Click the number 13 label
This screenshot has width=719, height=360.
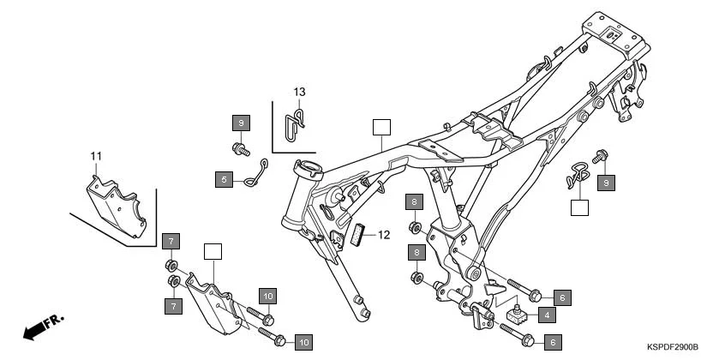[299, 92]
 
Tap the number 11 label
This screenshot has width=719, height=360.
[96, 155]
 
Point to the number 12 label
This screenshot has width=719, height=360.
[383, 233]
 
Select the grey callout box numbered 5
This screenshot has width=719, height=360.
[224, 179]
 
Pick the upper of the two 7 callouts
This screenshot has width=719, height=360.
[171, 241]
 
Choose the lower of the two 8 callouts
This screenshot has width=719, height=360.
[416, 253]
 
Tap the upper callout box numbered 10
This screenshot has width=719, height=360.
[267, 297]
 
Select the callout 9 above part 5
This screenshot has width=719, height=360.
[241, 123]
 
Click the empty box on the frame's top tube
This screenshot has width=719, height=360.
[381, 129]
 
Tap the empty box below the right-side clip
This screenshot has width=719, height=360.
[580, 207]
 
